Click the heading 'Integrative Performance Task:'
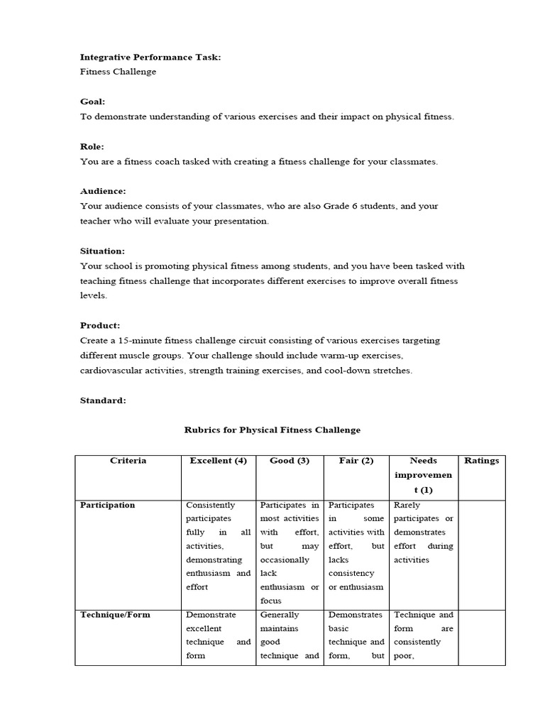point(150,57)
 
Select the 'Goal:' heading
point(92,102)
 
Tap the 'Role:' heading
point(92,146)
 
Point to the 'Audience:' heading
point(103,191)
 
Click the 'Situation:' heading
point(102,251)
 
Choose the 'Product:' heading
point(100,325)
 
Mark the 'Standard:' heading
point(103,400)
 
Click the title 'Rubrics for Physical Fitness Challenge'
point(272,430)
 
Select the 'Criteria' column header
point(128,461)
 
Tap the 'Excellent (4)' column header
point(218,461)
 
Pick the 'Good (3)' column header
point(290,461)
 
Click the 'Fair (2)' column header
point(356,461)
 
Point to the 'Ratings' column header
point(482,461)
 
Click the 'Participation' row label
point(107,505)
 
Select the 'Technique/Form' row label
point(115,615)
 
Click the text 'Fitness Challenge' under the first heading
point(118,72)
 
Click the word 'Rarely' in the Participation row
point(407,505)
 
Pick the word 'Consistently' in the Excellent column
point(210,505)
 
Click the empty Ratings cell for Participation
point(482,550)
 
